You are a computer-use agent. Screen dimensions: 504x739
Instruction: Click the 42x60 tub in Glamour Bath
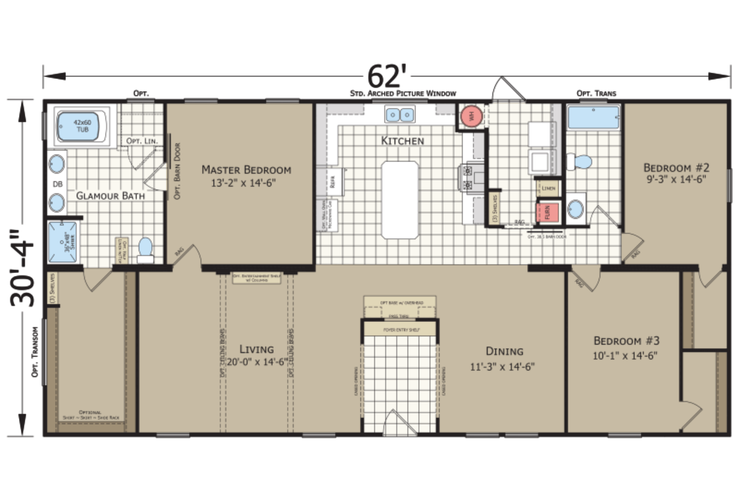82,126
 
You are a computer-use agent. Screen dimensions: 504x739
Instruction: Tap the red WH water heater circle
472,116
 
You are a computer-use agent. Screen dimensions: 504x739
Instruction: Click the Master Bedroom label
246,169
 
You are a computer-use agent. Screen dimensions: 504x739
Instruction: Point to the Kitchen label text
403,141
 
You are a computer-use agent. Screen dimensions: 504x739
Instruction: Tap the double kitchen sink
400,115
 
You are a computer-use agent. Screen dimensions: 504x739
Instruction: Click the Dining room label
504,351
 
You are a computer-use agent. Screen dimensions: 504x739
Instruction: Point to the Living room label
257,349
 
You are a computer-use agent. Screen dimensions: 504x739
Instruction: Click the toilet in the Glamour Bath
145,248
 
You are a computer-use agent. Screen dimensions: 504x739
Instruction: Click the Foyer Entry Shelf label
400,328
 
